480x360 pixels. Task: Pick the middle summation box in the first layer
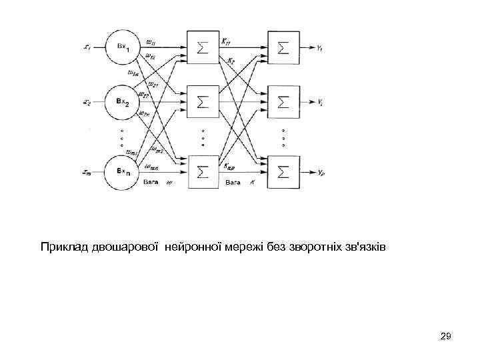coord(203,102)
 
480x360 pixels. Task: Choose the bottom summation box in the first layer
coord(203,172)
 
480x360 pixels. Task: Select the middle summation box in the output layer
coord(283,102)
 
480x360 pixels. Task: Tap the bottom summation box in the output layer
coord(283,172)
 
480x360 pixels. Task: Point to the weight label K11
coord(230,42)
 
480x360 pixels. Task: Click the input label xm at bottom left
coord(87,172)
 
